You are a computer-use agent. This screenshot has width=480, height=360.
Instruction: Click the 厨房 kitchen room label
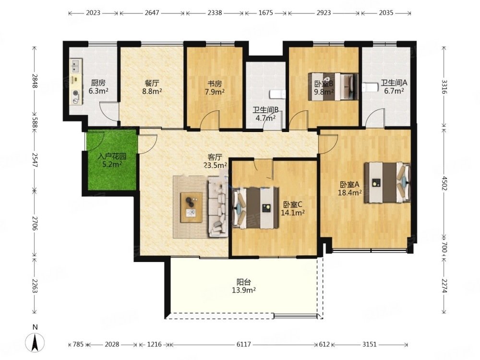[x=98, y=83]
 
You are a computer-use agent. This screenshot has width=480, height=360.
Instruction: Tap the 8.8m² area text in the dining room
[x=152, y=91]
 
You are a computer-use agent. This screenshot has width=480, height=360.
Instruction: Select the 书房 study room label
[x=215, y=83]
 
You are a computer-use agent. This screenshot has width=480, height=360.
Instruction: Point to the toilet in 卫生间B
[x=277, y=94]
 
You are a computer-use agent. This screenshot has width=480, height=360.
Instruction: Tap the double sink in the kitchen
[x=75, y=66]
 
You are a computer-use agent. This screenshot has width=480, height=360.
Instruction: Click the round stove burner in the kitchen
[x=75, y=94]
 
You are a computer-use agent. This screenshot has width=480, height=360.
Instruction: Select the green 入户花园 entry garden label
[x=112, y=157]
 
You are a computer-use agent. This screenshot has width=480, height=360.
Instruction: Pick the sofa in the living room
[x=217, y=207]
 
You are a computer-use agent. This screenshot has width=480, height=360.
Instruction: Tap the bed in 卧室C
[x=256, y=208]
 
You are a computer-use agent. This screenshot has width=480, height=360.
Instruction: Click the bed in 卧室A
[x=387, y=182]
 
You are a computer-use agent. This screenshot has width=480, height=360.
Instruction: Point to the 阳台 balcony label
[x=244, y=282]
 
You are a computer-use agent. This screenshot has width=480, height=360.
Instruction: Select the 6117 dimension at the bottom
[x=244, y=344]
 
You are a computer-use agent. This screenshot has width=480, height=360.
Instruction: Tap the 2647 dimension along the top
[x=152, y=13]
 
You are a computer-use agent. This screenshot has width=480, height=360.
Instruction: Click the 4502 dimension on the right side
[x=444, y=183]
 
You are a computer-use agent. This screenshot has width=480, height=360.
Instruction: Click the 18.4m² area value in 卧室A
[x=350, y=192]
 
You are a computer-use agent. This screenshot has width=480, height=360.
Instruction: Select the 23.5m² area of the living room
[x=216, y=165]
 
